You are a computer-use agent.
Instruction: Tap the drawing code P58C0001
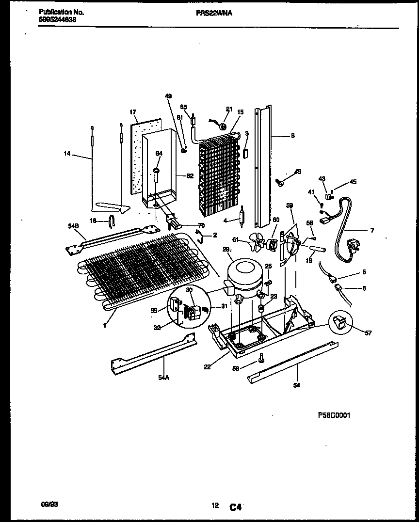coord(334,415)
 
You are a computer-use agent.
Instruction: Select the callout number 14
coord(68,154)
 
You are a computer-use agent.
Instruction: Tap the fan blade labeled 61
coord(257,240)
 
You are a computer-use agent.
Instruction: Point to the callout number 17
coord(132,112)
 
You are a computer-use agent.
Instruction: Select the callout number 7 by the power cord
coord(372,231)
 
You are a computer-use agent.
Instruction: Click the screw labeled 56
coord(262,358)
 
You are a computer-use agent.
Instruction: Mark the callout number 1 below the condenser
coord(104,325)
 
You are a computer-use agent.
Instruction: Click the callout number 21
coord(229,109)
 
